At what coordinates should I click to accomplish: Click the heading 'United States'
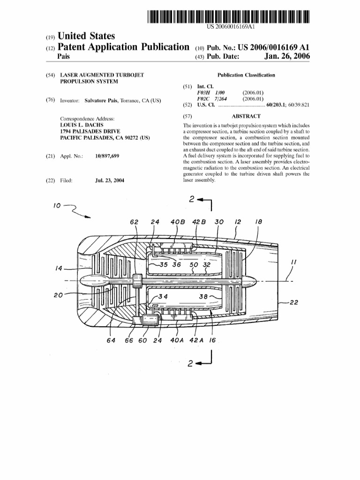coord(86,37)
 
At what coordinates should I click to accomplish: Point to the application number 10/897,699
coord(107,156)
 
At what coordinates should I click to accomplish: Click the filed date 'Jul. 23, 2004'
coord(109,180)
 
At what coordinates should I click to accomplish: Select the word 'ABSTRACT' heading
coord(246,116)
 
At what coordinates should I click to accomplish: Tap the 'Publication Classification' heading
coord(246,75)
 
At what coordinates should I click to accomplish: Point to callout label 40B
coord(177,222)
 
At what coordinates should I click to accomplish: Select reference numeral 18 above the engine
coord(258,222)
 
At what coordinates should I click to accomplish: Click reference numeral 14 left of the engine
coord(59,269)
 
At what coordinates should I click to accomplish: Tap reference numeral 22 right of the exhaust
coord(294,303)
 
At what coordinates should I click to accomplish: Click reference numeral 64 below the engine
coord(111,341)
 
